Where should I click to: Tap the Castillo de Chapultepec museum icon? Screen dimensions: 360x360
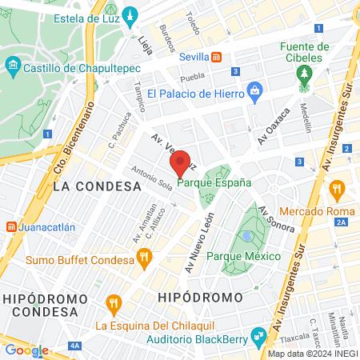(x=12, y=64)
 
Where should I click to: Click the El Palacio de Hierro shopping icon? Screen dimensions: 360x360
(x=254, y=90)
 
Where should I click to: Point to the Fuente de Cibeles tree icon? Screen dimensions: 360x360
(x=303, y=74)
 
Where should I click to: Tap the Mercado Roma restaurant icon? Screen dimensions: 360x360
(x=336, y=190)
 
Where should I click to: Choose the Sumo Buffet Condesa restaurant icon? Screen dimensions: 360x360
(x=144, y=258)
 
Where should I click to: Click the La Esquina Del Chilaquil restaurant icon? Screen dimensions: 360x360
(x=113, y=304)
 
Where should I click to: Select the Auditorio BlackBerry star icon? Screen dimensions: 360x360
(x=258, y=334)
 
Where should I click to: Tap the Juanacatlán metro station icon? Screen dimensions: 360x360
(x=11, y=226)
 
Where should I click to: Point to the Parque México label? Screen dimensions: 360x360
(x=243, y=256)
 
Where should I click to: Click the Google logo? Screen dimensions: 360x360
(x=26, y=350)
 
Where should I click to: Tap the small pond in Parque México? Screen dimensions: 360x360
(x=247, y=237)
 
